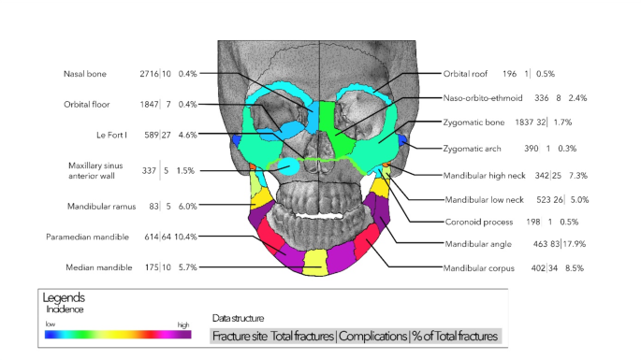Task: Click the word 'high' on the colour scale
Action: coord(183,324)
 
